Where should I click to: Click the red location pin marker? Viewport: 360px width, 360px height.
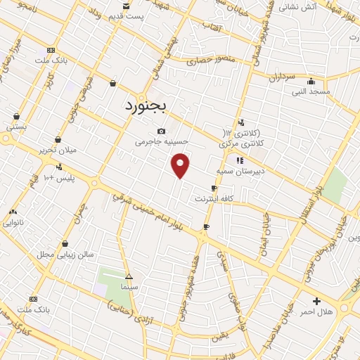(x=181, y=165)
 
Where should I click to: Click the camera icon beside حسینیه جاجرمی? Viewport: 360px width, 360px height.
(x=162, y=131)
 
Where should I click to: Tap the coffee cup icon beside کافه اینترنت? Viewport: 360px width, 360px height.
(x=214, y=188)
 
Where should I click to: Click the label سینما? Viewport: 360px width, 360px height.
(x=128, y=287)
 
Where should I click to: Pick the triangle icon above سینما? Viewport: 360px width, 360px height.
(x=128, y=276)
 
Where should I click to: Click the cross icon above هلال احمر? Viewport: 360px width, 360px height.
(x=316, y=300)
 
